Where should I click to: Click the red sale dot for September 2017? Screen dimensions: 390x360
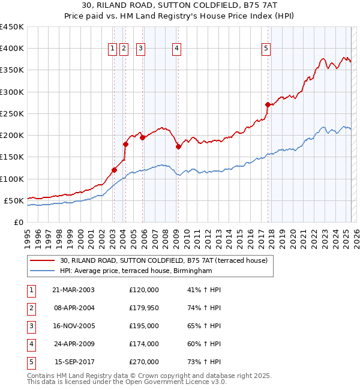[x=268, y=104]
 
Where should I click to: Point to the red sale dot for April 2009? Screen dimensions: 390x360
[x=178, y=146]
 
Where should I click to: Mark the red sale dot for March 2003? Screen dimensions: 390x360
[x=114, y=170]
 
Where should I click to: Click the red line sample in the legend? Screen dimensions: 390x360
[x=42, y=260]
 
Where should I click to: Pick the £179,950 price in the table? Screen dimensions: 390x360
[x=144, y=308]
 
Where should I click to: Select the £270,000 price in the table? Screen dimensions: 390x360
[x=144, y=362]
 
